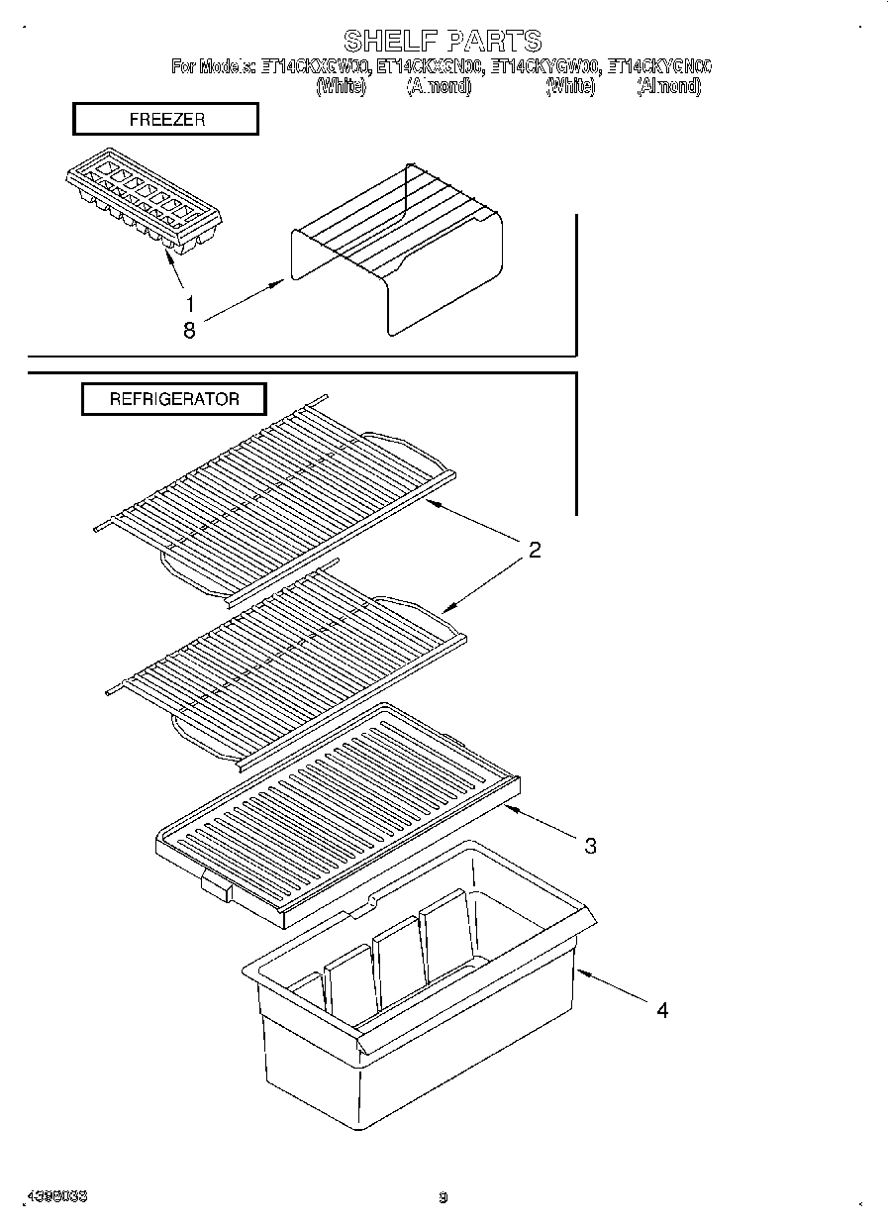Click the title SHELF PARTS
pos(443,41)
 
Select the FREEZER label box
pos(165,120)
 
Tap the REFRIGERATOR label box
pos(173,399)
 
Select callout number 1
pos(189,304)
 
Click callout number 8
pos(189,331)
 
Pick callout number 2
pos(534,551)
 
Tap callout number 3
pos(590,846)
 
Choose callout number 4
pos(662,1010)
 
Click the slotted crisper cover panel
pos(337,807)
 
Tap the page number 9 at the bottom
pos(444,1197)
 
